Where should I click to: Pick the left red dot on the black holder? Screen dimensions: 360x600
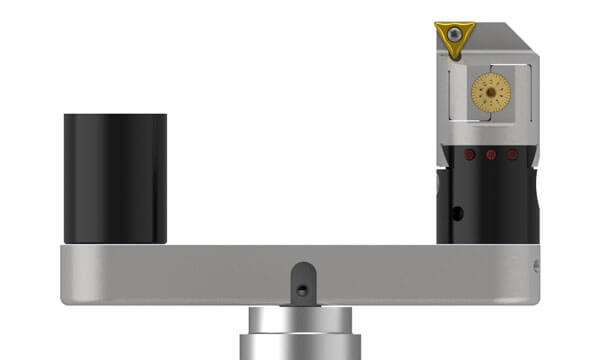(x=468, y=155)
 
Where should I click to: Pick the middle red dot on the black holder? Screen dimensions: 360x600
(x=490, y=155)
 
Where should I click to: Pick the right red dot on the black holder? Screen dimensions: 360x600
(x=512, y=155)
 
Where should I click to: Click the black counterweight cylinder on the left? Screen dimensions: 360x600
(x=115, y=180)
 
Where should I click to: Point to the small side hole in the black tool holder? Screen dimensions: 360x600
(x=457, y=213)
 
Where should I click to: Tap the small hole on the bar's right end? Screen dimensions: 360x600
(x=535, y=266)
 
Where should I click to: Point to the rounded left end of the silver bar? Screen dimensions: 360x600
(x=66, y=275)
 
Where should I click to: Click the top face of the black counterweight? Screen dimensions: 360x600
(x=115, y=117)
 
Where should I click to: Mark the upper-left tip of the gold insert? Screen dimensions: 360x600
(x=437, y=25)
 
